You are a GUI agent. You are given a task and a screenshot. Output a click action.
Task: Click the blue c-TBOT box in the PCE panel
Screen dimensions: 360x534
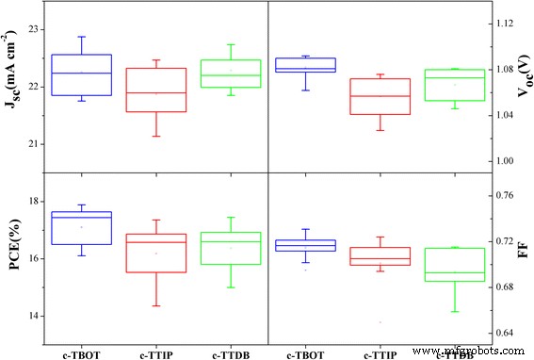pos(81,228)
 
